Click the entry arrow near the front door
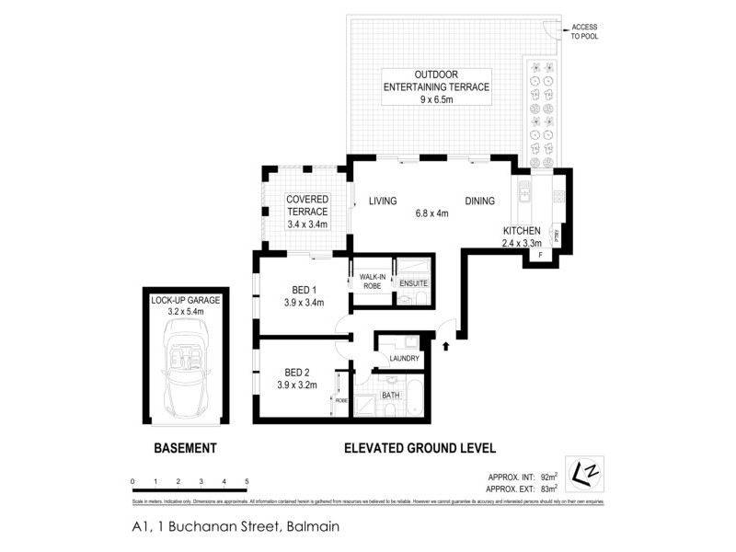point(446,346)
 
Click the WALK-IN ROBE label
point(371,281)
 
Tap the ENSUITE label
point(412,282)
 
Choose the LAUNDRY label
point(404,359)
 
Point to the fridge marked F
point(541,253)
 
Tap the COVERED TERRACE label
point(307,205)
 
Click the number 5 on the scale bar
point(247,481)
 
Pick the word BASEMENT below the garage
point(184,449)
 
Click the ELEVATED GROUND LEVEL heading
point(419,449)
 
